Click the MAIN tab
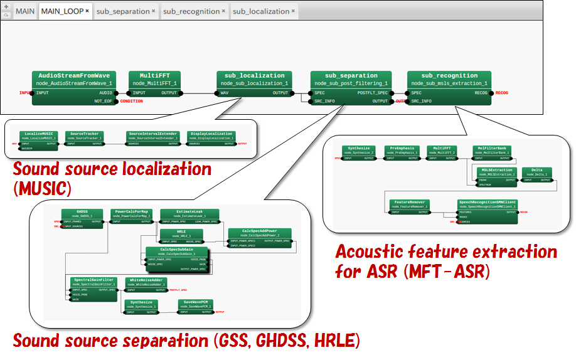tap(24, 11)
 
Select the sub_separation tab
tap(122, 11)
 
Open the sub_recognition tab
tap(191, 11)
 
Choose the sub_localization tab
tap(260, 11)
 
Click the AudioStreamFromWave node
tap(74, 80)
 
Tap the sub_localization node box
tap(254, 80)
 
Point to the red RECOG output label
tap(502, 93)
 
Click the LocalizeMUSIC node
tap(39, 136)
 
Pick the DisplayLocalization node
tap(211, 136)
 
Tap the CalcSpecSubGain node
tap(177, 251)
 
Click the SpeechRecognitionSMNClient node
tap(488, 204)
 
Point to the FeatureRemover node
tap(408, 204)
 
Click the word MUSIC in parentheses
tap(42, 188)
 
